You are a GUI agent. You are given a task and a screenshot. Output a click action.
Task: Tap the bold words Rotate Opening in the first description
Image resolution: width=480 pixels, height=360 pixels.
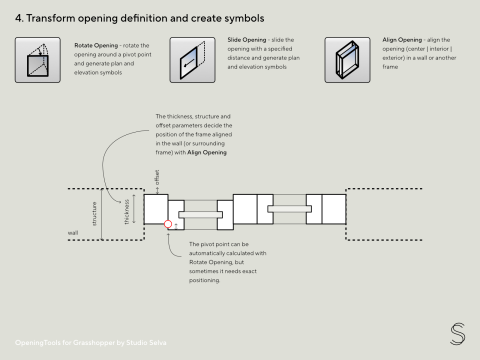pyautogui.click(x=96, y=45)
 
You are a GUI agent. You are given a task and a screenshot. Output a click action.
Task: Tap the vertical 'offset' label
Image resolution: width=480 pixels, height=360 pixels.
pyautogui.click(x=156, y=181)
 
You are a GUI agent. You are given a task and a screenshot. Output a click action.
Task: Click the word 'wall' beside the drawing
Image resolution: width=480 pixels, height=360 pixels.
pyautogui.click(x=72, y=233)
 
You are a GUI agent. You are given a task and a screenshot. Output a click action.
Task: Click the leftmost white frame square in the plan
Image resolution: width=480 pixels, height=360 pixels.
pyautogui.click(x=155, y=208)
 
